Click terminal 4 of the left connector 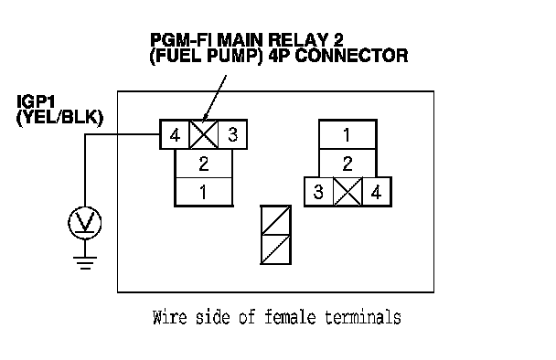[x=175, y=134]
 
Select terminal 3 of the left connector [x=232, y=134]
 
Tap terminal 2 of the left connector [x=204, y=164]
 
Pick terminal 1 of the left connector [x=204, y=192]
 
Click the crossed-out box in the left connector [x=204, y=134]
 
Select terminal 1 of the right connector [x=347, y=134]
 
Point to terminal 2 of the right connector [x=347, y=164]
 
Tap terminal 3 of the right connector [x=319, y=192]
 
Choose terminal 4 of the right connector [x=377, y=192]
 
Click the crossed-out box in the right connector [x=347, y=192]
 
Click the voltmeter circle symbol [x=85, y=223]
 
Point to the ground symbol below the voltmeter [x=85, y=262]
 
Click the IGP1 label [x=37, y=102]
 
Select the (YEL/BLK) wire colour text [x=59, y=118]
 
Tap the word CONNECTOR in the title [x=351, y=56]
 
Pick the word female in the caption [x=290, y=317]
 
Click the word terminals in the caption [x=363, y=317]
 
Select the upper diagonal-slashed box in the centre [x=276, y=220]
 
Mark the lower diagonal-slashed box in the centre [x=276, y=249]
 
